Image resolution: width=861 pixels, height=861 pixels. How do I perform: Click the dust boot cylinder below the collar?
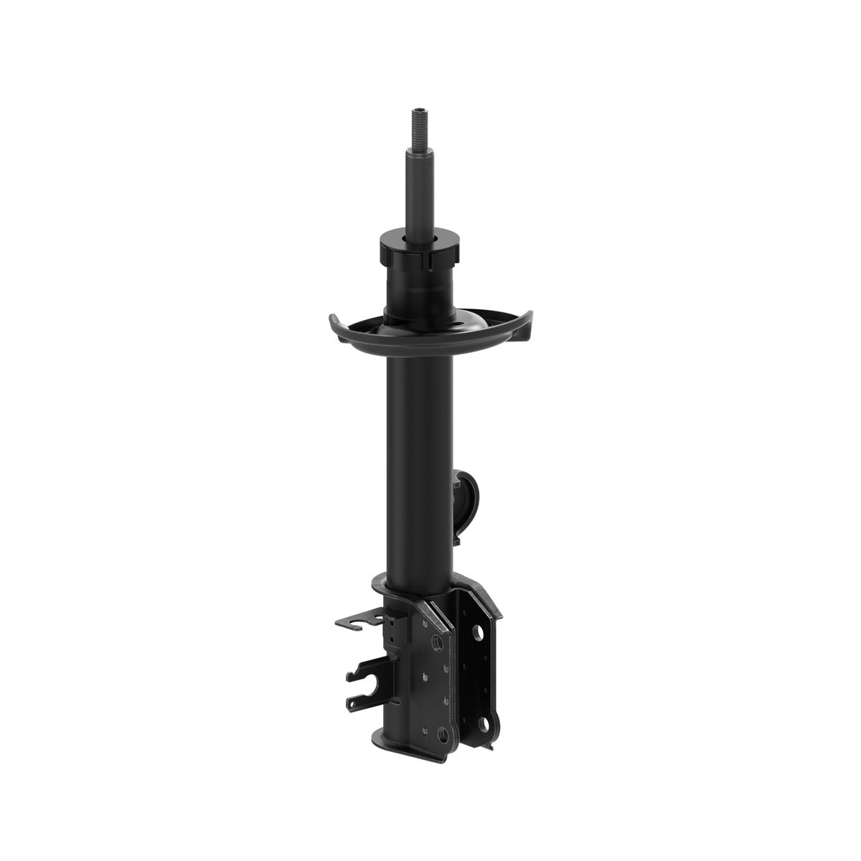point(418,291)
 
